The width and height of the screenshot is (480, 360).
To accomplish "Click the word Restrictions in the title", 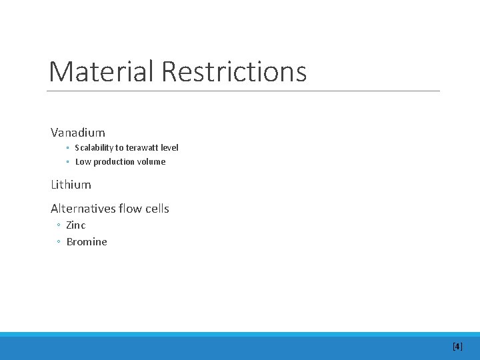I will click(234, 71).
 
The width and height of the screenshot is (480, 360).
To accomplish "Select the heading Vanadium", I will click(78, 133).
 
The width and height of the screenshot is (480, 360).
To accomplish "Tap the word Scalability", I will click(94, 147).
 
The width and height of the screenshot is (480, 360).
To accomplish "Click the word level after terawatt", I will click(168, 147).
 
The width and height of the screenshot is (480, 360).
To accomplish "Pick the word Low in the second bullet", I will click(83, 161).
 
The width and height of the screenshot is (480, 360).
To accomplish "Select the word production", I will click(115, 161).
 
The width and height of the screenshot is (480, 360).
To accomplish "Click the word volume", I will click(152, 161).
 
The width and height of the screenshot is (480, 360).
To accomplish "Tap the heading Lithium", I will click(71, 184).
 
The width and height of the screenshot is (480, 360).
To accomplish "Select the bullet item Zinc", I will click(76, 225).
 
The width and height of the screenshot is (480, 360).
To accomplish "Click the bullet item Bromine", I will click(87, 241).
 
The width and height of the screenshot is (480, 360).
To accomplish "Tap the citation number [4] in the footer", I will click(457, 346).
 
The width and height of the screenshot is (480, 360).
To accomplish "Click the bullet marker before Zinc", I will click(59, 226).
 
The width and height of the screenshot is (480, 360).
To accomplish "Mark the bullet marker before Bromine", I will click(59, 242).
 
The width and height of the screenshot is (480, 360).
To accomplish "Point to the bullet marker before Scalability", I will click(68, 148).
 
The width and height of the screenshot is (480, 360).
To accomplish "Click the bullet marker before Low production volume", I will click(68, 162).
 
